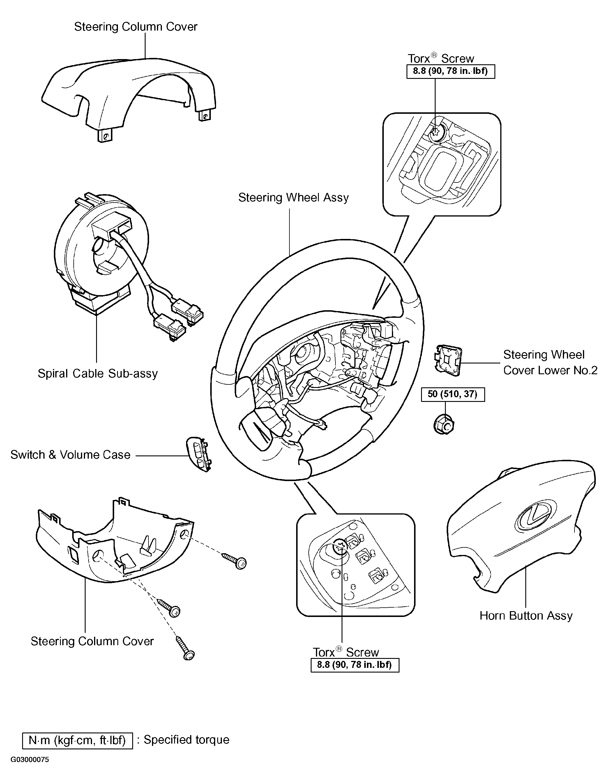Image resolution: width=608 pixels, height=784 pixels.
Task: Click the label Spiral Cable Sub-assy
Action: pos(98,374)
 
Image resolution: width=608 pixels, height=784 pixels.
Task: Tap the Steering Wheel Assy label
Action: pos(294,197)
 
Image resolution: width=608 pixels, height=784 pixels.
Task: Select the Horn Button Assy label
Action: pos(526,616)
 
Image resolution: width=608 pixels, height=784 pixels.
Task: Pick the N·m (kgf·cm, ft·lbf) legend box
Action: pos(77,741)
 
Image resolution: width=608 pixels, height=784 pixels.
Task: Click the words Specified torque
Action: pos(186,740)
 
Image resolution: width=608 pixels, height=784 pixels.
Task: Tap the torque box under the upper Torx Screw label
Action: pos(450,71)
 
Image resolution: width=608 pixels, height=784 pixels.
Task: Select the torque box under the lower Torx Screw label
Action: pos(355,665)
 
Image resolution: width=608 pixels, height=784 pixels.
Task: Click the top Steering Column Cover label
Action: pos(136,26)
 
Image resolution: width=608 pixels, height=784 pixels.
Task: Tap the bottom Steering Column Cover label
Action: pos(92,641)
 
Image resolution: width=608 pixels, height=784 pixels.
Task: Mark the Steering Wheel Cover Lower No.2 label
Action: pos(550,363)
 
